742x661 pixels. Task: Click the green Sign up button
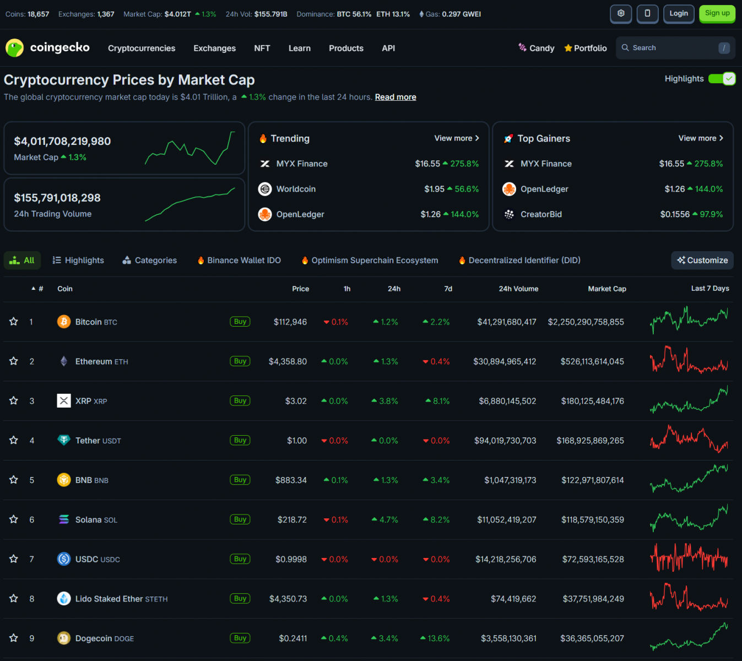pos(717,14)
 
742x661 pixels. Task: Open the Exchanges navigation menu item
pos(214,48)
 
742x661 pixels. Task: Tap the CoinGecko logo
pos(48,48)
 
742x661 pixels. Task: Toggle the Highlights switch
pos(722,79)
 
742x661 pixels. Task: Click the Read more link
pos(396,97)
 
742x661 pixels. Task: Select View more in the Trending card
pos(456,138)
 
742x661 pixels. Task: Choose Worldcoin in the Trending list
pos(296,189)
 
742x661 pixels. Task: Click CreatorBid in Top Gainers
pos(541,214)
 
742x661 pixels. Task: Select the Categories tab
pos(150,261)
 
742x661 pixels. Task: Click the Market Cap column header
pos(606,289)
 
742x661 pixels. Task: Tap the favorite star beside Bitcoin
pos(14,322)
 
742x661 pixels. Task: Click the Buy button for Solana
pos(240,519)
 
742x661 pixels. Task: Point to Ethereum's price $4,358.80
pos(288,361)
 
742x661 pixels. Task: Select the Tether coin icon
pos(64,440)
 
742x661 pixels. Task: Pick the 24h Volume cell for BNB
pos(510,480)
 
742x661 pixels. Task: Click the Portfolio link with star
pos(585,48)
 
